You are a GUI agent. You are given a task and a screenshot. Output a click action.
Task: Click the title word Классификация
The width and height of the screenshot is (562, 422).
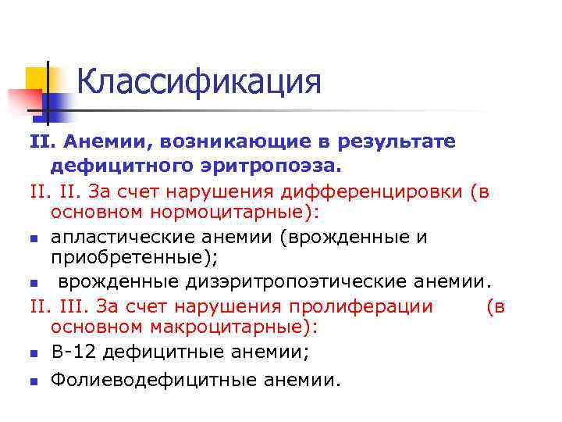pos(199,82)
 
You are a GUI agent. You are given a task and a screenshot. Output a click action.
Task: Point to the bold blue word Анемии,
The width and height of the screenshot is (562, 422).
pos(98,141)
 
